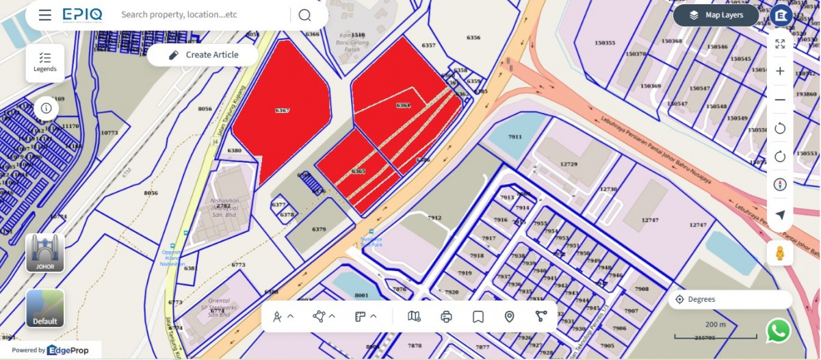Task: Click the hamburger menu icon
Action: click(45, 15)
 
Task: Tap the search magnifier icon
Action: click(304, 15)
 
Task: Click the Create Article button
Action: click(203, 55)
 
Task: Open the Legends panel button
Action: click(45, 63)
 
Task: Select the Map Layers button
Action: click(716, 15)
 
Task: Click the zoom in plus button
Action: click(780, 71)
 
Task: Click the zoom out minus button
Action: click(780, 100)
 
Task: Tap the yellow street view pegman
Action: click(780, 253)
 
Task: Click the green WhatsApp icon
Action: click(779, 331)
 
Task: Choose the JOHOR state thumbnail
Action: click(45, 253)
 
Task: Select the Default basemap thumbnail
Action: click(45, 308)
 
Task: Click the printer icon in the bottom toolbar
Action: click(447, 316)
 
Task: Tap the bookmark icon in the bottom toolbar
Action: click(478, 316)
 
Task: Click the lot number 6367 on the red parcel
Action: click(282, 110)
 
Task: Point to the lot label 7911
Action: click(515, 137)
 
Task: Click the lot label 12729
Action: click(569, 164)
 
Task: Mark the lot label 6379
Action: click(319, 229)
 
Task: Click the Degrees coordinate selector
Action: click(730, 299)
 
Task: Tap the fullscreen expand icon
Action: click(780, 44)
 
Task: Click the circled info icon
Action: click(46, 108)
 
